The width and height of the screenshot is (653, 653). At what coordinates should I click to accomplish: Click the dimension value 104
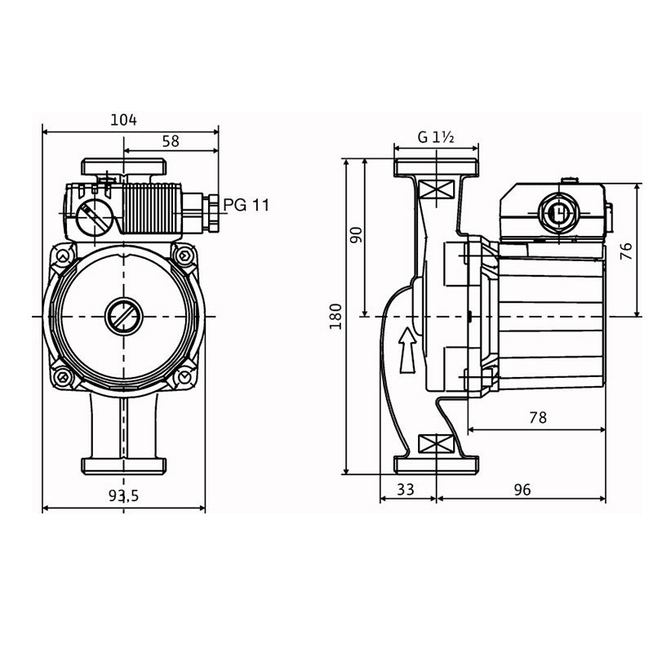click(x=123, y=120)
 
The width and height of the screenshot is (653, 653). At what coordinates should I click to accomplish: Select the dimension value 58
click(x=171, y=141)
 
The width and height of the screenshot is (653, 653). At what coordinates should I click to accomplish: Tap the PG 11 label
click(x=246, y=205)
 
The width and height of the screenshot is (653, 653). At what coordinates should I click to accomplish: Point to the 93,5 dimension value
click(x=123, y=495)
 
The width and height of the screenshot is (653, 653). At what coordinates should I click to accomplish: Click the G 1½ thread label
click(x=436, y=137)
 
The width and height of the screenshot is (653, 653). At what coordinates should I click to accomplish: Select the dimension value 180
click(x=336, y=317)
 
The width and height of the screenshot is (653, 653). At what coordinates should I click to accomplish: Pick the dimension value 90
click(x=356, y=235)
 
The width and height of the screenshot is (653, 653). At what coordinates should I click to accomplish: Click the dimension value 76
click(x=626, y=251)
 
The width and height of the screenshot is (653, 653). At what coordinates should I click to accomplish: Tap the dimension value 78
click(x=537, y=417)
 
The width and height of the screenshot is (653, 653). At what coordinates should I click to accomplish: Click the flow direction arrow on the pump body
click(x=406, y=349)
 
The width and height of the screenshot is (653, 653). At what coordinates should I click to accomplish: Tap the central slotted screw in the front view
click(x=123, y=315)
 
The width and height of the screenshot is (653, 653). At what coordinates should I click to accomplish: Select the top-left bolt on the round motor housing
click(x=62, y=257)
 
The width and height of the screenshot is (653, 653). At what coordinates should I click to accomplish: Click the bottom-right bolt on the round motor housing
click(x=184, y=376)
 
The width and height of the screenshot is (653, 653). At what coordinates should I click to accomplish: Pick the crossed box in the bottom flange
click(x=435, y=445)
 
